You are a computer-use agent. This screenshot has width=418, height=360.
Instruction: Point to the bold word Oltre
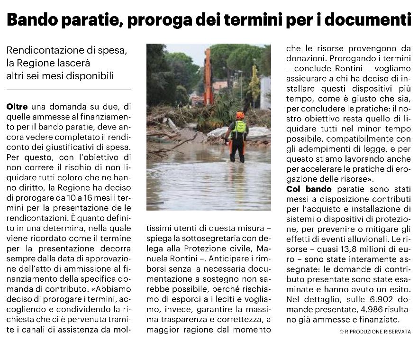(x=17, y=108)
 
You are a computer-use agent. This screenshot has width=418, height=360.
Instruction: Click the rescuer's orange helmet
(x=240, y=115)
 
